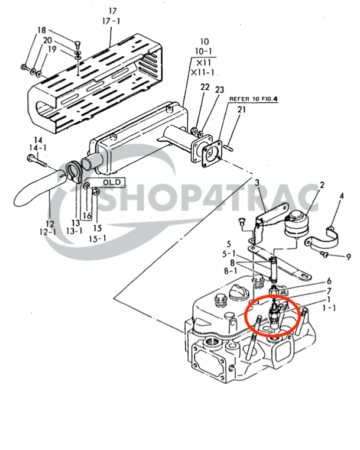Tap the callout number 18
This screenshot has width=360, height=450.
[x=41, y=30]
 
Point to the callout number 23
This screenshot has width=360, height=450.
[x=219, y=90]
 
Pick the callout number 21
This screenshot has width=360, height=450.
[x=241, y=109]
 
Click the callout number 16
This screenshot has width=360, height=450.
[x=87, y=216]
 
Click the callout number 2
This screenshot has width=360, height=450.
[x=322, y=186]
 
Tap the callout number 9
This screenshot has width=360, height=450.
[x=348, y=257]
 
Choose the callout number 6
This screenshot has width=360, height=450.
[x=329, y=281]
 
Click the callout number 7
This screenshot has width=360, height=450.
[x=329, y=291]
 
